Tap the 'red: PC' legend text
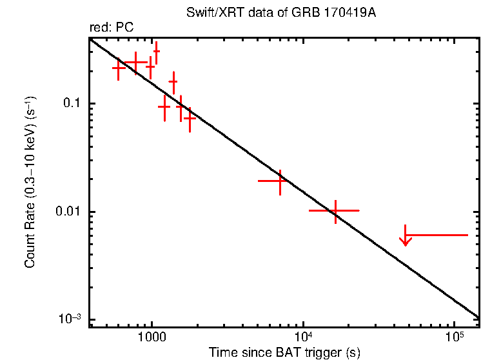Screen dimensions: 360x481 click(x=112, y=28)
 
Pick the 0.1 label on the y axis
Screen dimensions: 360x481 click(x=75, y=104)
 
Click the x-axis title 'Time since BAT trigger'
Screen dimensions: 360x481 click(x=284, y=353)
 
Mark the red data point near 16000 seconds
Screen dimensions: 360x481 click(x=335, y=210)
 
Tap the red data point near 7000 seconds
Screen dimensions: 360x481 click(x=280, y=181)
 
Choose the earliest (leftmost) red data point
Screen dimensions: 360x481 click(x=119, y=68)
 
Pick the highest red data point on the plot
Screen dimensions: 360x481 click(x=157, y=52)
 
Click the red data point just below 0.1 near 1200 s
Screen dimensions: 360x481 click(x=164, y=106)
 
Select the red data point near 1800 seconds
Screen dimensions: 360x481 click(x=190, y=117)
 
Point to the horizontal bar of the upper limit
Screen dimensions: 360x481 click(x=436, y=235)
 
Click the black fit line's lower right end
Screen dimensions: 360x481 click(x=478, y=317)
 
